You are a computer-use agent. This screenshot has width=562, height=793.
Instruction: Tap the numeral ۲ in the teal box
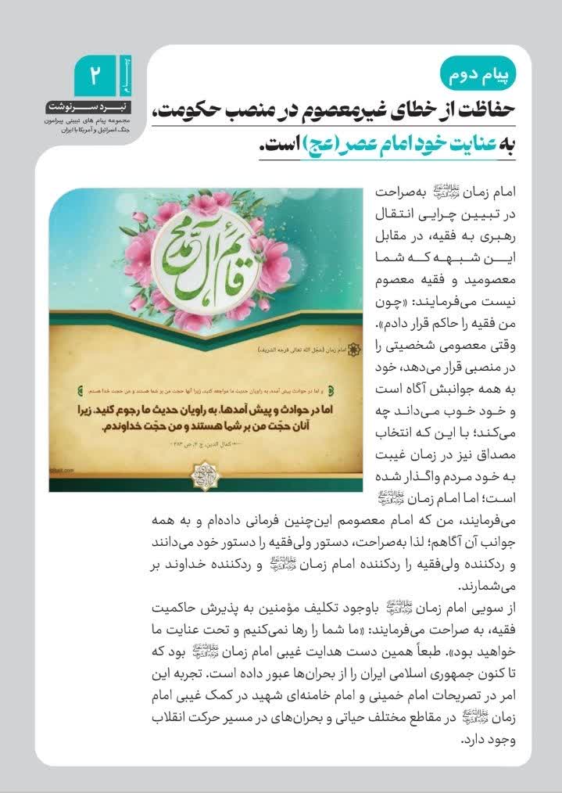click(95, 77)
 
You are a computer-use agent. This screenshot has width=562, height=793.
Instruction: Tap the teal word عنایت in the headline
click(476, 148)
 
